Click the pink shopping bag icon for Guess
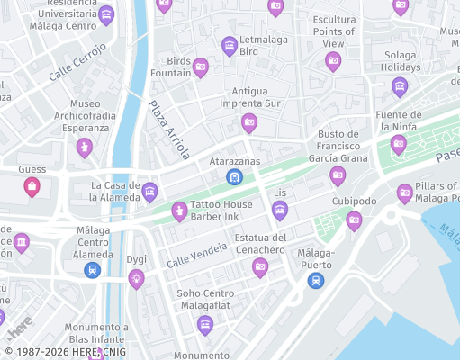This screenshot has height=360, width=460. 32,187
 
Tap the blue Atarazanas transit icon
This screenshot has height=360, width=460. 234,177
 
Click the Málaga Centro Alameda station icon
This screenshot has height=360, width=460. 92,270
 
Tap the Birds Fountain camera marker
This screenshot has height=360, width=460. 201,67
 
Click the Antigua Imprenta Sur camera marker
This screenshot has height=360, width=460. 249,123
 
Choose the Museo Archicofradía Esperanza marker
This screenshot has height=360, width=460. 85,148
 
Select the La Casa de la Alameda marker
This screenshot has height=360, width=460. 150,191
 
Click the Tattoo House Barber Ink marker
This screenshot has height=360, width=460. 179,211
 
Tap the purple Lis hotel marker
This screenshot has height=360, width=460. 280,211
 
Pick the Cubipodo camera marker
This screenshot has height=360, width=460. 355,220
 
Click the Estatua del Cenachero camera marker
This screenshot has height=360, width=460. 260,266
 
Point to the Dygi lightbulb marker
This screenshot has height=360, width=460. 136,278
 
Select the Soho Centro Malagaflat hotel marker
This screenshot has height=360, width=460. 205,324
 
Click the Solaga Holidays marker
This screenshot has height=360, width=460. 400,87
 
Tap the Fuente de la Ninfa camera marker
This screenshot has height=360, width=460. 399,144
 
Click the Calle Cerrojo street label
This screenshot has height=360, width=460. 77,62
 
